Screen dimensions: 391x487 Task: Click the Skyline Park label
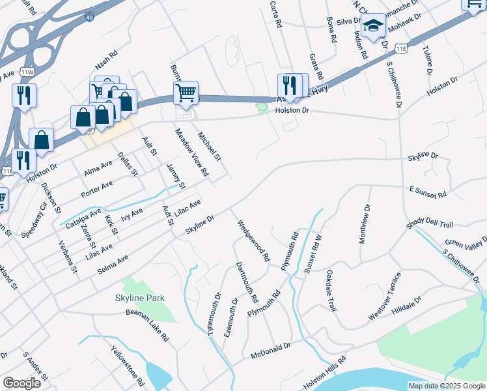(x=140, y=298)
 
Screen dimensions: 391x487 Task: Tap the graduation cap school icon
(x=374, y=26)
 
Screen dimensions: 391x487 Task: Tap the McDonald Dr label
(x=271, y=351)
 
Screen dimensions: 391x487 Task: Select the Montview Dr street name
(x=365, y=224)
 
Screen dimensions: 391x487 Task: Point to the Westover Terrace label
(x=385, y=297)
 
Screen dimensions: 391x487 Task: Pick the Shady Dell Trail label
(x=429, y=224)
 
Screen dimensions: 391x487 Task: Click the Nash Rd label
(x=105, y=63)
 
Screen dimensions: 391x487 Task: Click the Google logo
(x=21, y=383)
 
